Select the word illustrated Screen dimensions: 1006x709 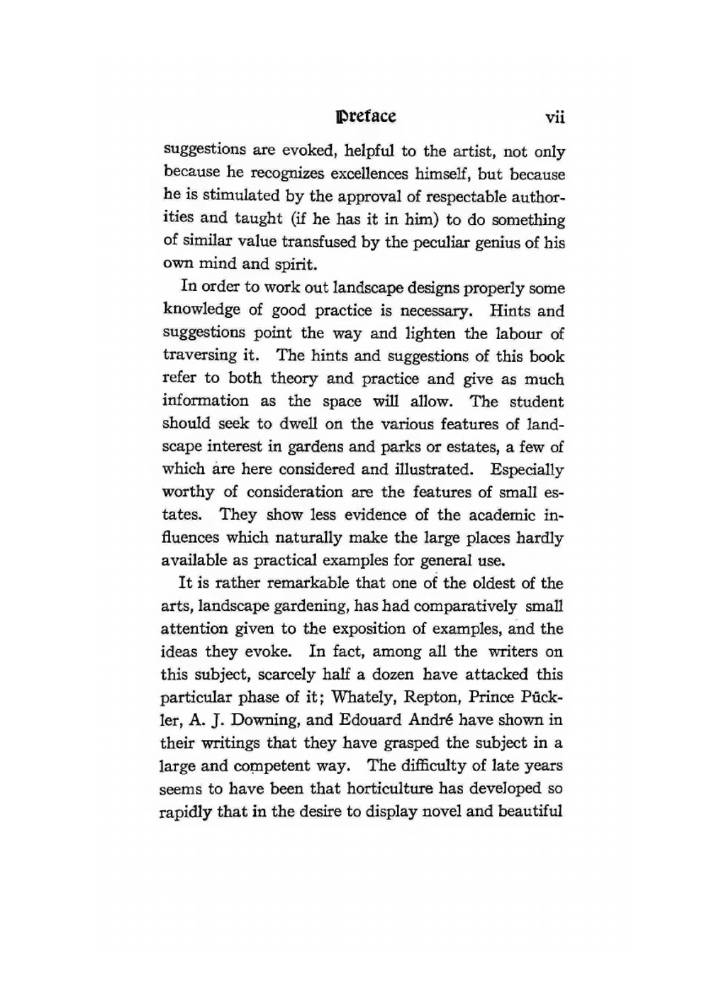(x=425, y=470)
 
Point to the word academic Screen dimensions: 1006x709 (x=501, y=515)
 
